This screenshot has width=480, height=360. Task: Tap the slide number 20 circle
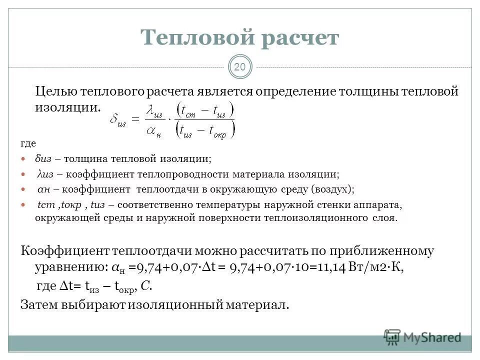(x=240, y=67)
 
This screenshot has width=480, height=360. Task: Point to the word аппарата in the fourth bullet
(x=379, y=205)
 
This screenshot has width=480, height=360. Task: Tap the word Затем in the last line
(x=40, y=304)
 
